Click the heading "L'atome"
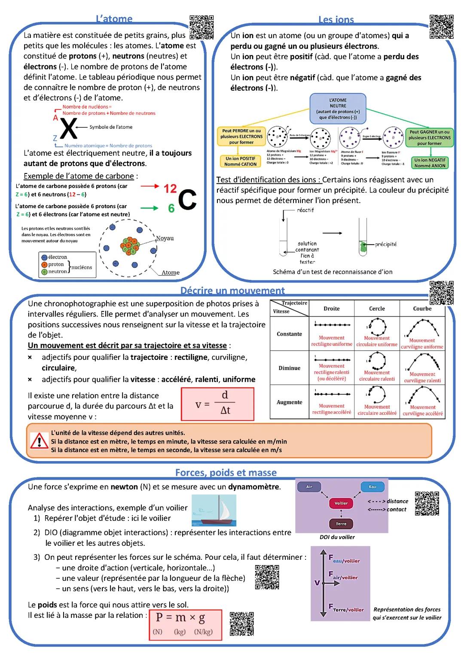[114, 18]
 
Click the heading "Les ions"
[336, 19]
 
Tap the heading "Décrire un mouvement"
[232, 291]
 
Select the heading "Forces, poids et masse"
[226, 472]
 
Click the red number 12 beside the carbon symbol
[170, 188]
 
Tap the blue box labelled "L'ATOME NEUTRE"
[338, 109]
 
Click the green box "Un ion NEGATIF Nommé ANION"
[430, 163]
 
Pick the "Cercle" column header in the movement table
[377, 309]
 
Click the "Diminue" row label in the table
[289, 368]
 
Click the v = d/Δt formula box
[217, 404]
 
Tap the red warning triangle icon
[40, 441]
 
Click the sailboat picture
[214, 510]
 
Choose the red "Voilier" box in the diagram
[341, 503]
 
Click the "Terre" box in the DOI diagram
[341, 524]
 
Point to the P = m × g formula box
[185, 625]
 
